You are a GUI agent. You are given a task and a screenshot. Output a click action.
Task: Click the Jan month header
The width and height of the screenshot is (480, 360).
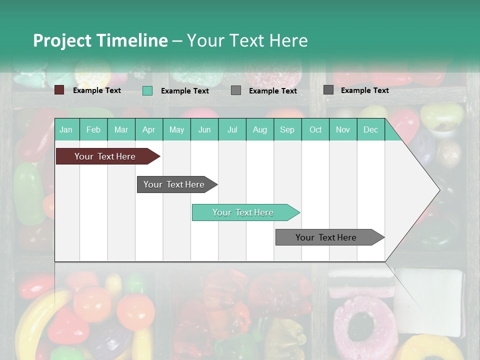pos(66,130)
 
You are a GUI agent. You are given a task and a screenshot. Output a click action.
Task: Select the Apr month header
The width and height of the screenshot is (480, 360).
pos(148,130)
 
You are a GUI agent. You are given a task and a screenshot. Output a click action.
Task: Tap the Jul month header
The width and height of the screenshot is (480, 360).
pos(232,130)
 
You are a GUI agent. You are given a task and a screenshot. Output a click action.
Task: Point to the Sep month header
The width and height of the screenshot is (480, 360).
pos(287,130)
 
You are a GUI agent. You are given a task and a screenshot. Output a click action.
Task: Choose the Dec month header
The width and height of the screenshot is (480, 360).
pos(370,130)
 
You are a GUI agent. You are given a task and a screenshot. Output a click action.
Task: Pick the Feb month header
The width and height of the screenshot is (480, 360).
pos(93,130)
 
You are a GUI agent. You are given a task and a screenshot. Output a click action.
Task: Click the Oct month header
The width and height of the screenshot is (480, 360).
pos(315,130)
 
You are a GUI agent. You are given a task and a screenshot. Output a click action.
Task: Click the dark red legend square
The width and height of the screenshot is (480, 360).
pos(59,90)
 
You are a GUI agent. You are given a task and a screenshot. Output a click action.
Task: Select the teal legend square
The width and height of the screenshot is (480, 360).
pos(147,90)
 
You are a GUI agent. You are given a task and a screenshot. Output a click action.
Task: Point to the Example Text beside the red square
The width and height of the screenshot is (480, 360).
pos(97,90)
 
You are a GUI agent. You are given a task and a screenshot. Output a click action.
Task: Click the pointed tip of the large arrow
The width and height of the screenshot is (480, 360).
pos(439,189)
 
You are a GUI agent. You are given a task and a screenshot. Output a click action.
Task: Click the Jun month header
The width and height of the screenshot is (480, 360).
pos(204,130)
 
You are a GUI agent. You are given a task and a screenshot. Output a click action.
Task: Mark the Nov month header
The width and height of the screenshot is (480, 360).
pos(343,130)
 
